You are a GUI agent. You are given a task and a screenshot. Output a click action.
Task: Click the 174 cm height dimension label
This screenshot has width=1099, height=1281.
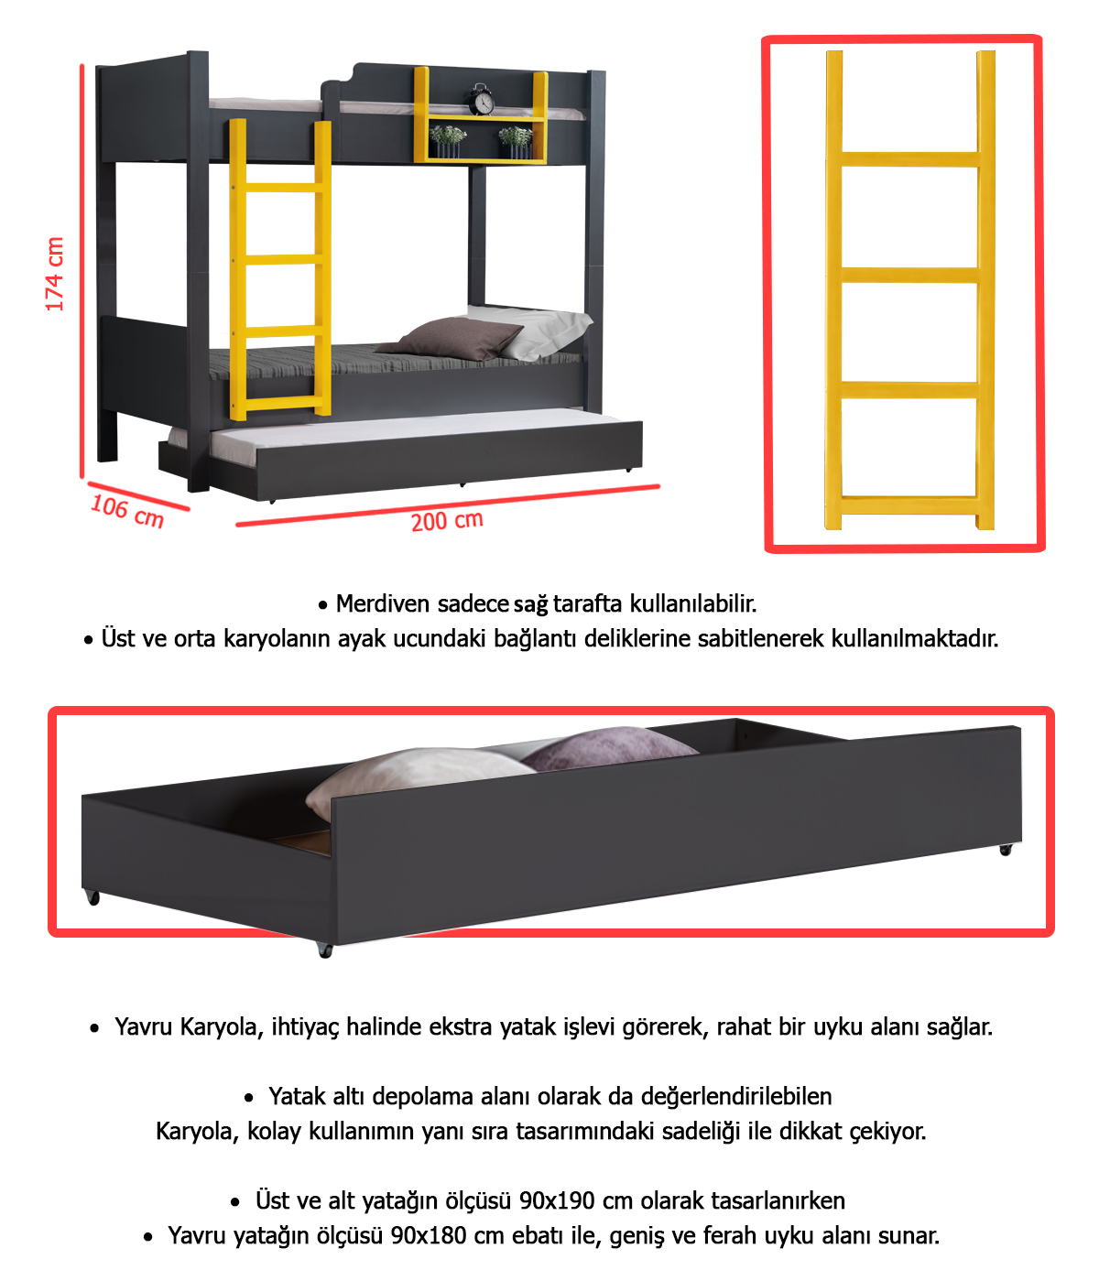tap(55, 273)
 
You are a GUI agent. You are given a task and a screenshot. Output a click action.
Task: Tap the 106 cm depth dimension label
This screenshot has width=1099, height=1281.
tap(127, 512)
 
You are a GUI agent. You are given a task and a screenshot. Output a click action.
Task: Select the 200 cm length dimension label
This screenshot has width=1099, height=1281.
tap(447, 521)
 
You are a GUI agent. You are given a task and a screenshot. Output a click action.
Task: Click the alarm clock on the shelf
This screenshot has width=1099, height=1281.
tap(481, 99)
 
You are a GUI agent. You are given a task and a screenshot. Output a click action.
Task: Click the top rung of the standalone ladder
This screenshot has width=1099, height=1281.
tap(909, 159)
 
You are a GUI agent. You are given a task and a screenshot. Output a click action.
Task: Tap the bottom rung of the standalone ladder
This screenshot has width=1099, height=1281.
tap(909, 505)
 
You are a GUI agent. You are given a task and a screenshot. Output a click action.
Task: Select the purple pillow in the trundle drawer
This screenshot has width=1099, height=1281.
tap(611, 749)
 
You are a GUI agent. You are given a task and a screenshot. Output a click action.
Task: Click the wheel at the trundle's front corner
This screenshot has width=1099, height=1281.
tap(325, 950)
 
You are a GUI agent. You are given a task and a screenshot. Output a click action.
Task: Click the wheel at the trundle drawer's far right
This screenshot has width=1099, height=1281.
tap(1006, 850)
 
